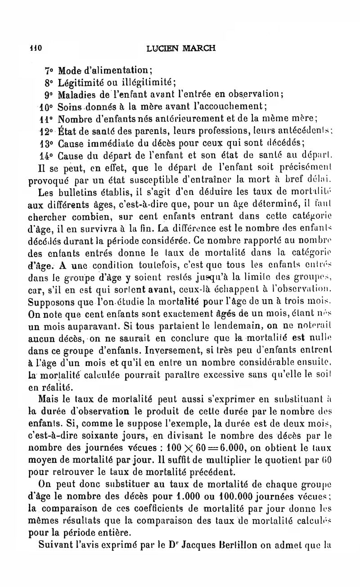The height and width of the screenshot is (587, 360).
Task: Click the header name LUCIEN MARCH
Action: click(x=181, y=48)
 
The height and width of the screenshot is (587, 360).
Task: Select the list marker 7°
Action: click(x=49, y=70)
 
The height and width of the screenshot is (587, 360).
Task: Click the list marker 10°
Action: click(x=47, y=107)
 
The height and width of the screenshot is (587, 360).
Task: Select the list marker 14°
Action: click(x=47, y=156)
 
